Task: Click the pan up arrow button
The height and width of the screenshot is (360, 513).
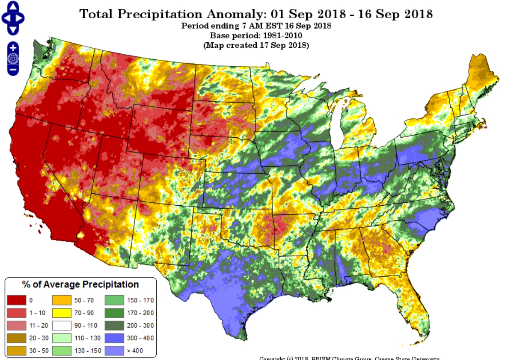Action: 13,6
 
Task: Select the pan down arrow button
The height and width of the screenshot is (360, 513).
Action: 13,29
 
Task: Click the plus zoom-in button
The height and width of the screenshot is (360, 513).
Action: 13,48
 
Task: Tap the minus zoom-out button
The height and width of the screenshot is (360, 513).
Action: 13,70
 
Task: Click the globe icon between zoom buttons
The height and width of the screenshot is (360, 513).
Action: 13,59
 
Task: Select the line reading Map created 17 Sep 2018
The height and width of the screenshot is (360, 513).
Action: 256,45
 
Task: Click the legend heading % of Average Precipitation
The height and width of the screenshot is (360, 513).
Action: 80,285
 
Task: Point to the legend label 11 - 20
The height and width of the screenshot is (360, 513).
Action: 37,325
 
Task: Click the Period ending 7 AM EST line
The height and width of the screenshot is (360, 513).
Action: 256,26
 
